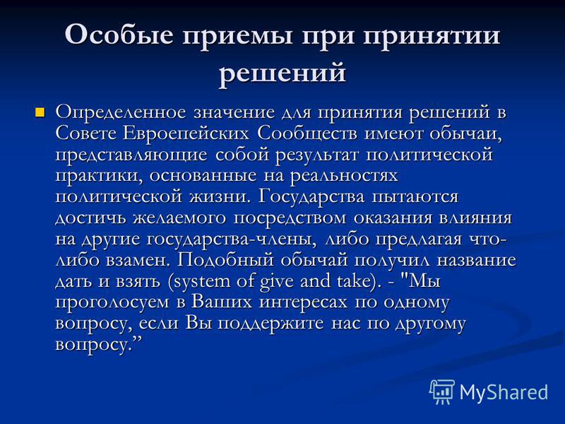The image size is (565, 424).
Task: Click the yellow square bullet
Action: [x=40, y=112]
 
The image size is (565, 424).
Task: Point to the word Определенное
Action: [x=121, y=113]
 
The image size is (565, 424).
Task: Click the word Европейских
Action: [x=186, y=134]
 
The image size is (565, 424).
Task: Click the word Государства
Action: [x=311, y=198]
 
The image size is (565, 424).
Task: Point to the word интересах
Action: [x=304, y=303]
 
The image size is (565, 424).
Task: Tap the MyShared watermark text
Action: [x=504, y=392]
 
